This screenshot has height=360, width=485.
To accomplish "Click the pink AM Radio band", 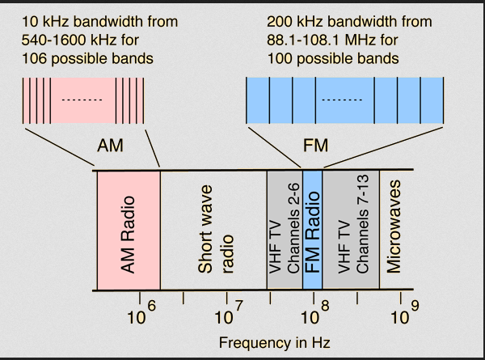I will coord(128,231).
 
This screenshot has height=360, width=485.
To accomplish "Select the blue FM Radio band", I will coord(313,231).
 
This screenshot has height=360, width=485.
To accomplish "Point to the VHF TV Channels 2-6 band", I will coord(284,231).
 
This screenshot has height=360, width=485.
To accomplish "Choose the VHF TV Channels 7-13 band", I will coord(350,231).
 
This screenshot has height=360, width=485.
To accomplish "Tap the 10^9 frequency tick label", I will coord(403,315).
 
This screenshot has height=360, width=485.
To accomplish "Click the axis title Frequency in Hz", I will coord(275,342).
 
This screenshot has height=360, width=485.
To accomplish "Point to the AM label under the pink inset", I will coord(112,146).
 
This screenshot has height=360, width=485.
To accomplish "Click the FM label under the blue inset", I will coord(314,146).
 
